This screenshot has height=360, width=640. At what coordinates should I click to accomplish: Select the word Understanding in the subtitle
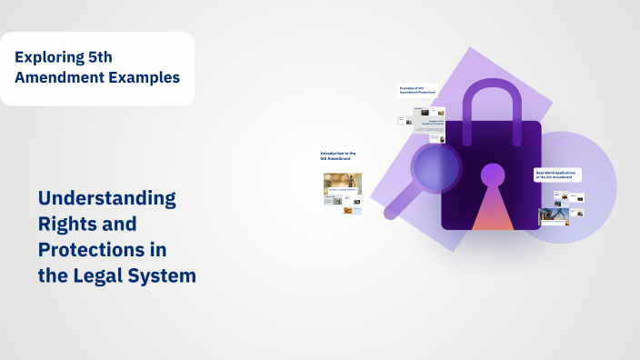(107, 197)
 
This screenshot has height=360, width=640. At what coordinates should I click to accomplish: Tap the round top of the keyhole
(493, 175)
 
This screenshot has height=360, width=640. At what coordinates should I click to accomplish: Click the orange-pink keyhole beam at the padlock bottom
(493, 214)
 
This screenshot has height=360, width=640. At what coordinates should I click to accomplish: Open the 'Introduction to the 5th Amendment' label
(338, 155)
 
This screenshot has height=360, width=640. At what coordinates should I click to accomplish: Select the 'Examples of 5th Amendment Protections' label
(417, 90)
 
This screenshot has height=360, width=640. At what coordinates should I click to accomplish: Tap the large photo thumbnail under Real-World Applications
(553, 216)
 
